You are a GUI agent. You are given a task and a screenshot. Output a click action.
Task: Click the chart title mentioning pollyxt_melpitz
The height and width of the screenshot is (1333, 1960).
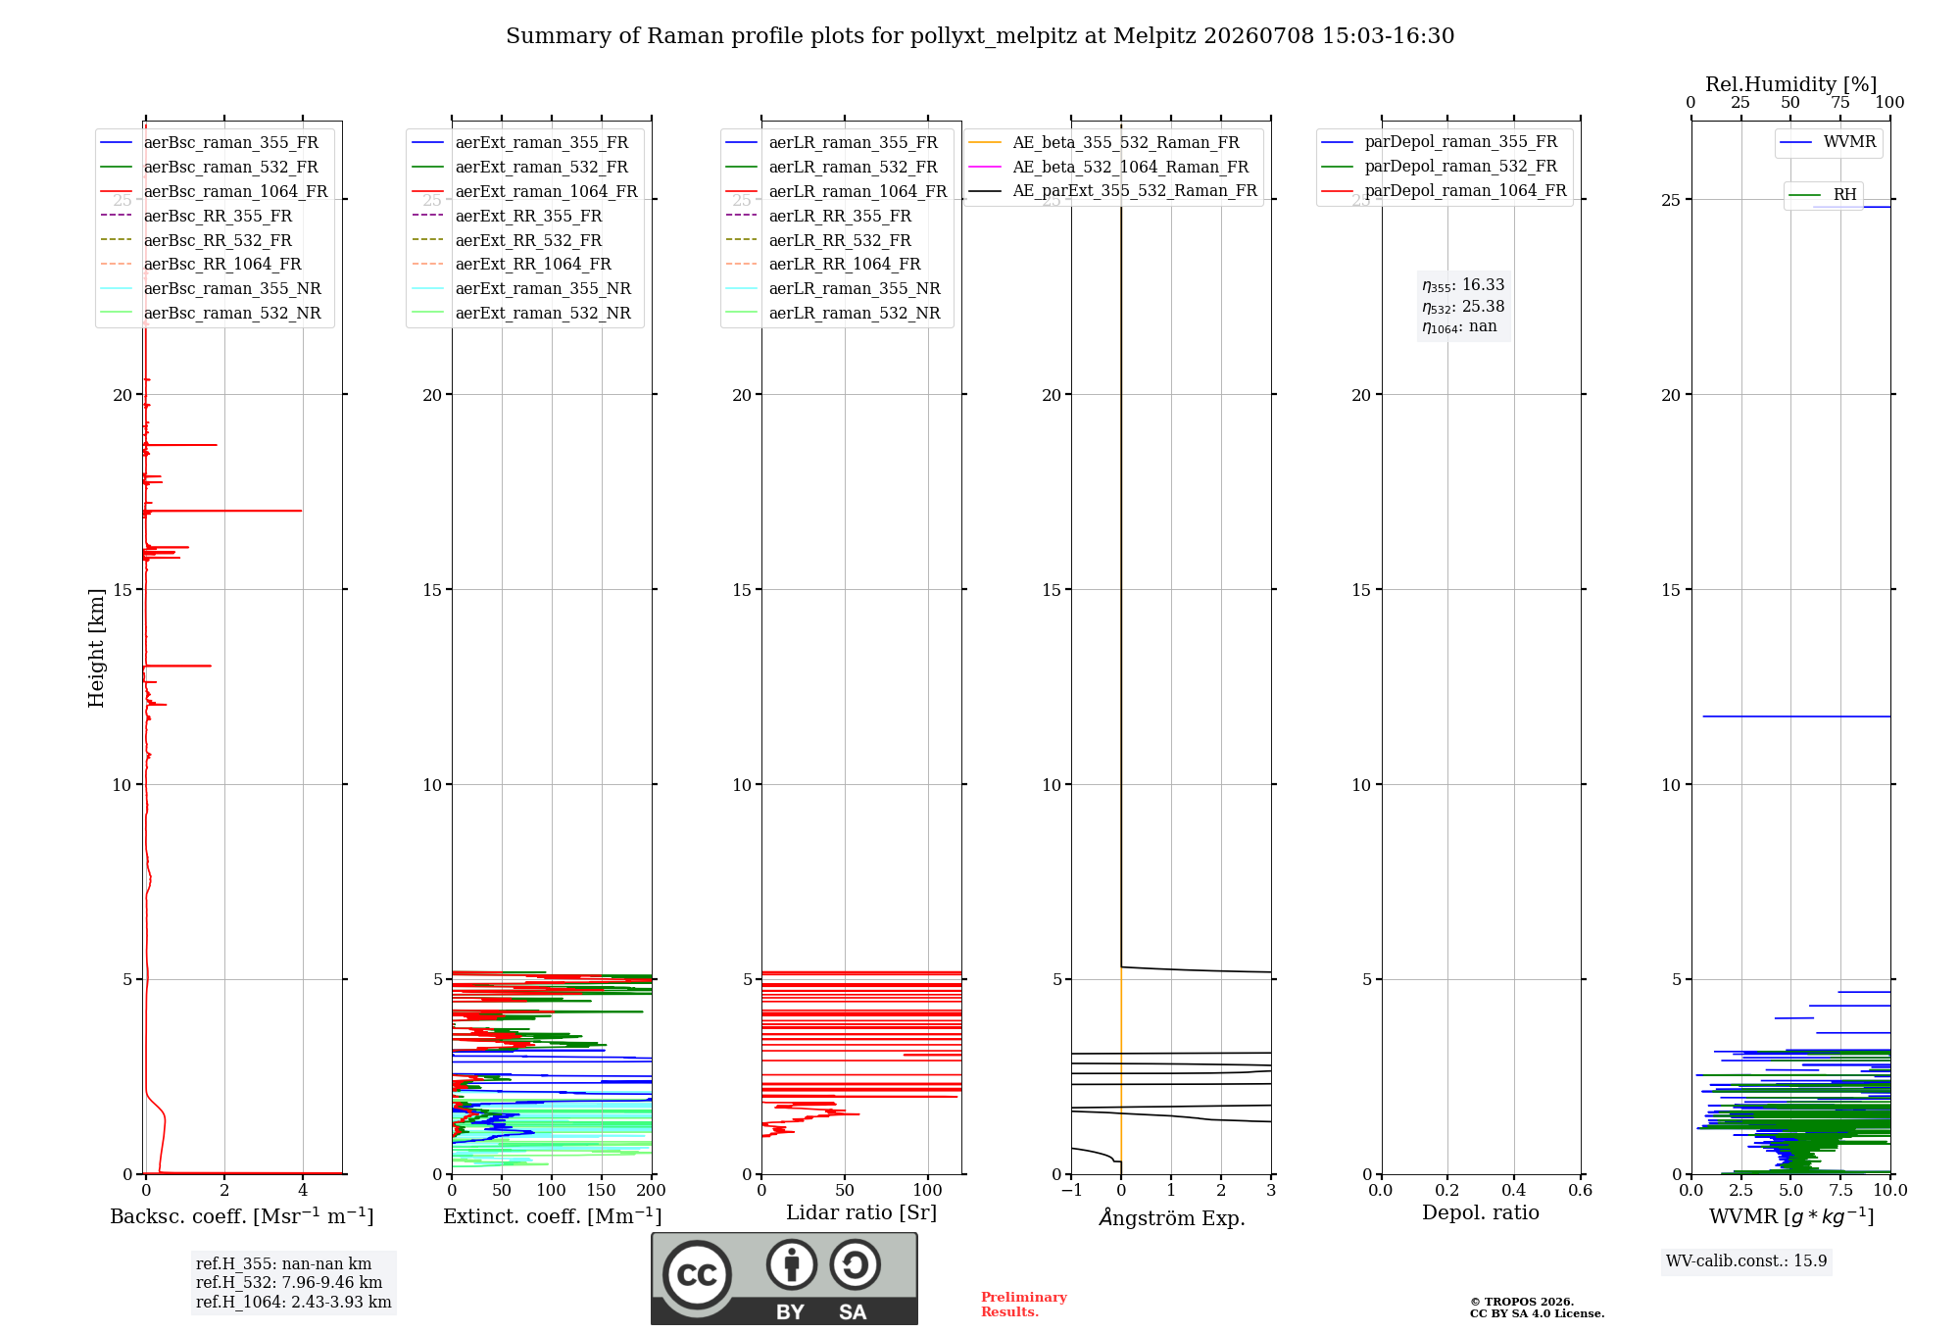coord(980,36)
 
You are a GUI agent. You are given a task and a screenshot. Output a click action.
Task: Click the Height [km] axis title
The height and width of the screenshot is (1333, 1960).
coord(96,648)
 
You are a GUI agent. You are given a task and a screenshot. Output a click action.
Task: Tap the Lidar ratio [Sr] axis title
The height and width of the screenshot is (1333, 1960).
coord(861,1213)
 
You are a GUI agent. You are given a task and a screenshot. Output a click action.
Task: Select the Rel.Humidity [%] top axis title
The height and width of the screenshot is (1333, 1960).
coord(1790,84)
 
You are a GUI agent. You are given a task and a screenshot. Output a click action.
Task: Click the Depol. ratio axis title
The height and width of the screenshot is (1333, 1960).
coord(1481,1213)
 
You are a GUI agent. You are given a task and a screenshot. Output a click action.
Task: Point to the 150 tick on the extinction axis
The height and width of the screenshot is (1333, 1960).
coord(601,1190)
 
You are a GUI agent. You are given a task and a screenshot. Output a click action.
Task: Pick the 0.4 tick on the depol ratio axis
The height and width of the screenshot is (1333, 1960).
coord(1513,1190)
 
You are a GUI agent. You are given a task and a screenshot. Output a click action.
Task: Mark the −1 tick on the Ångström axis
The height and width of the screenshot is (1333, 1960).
coord(1070,1190)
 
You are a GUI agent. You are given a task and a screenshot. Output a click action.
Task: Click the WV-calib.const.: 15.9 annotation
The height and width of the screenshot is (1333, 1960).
coord(1746,1261)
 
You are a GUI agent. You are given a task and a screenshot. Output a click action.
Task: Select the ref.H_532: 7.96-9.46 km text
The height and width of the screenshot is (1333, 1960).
coord(289,1283)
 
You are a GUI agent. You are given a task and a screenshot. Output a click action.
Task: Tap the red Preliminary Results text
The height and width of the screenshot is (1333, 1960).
coord(1024,1305)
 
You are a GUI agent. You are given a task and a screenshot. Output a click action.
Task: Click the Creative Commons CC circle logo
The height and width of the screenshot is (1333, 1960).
coord(697,1274)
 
